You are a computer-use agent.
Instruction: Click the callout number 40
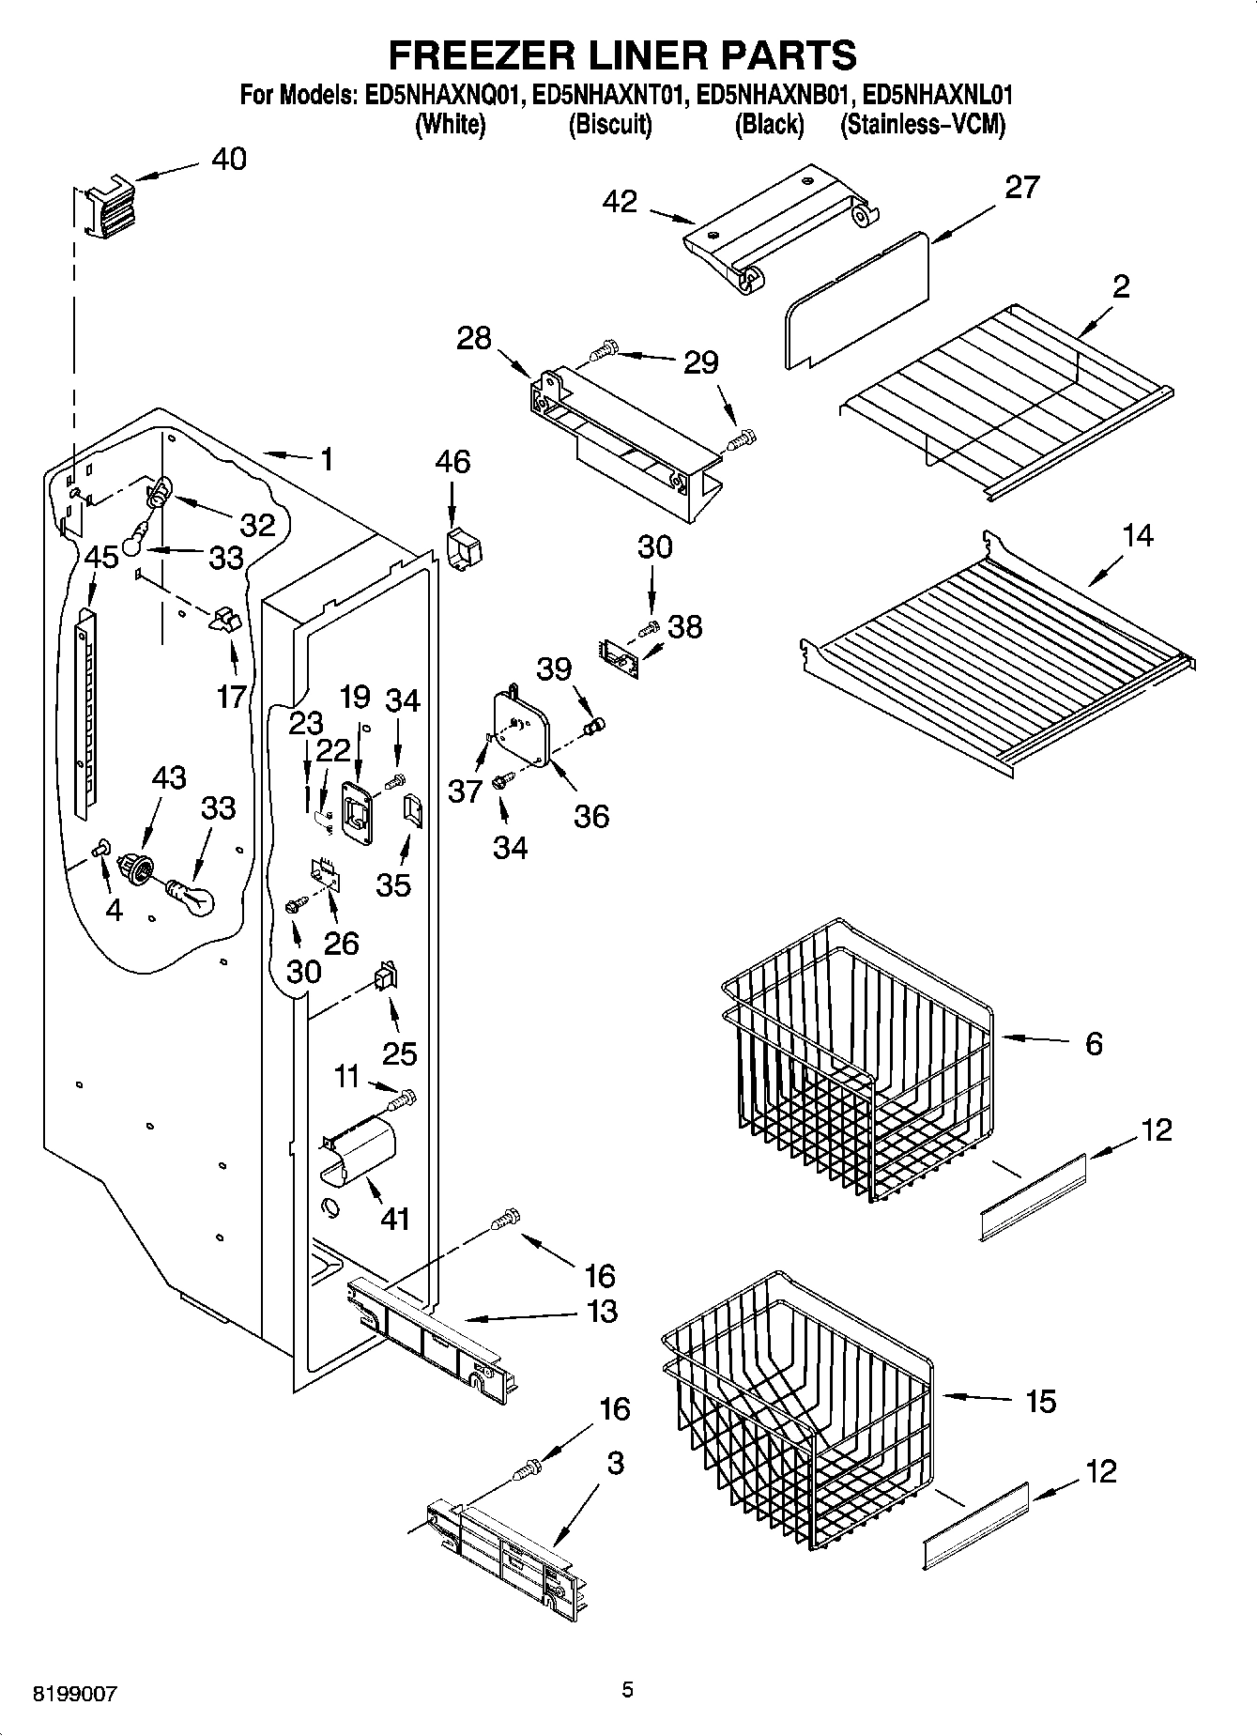[228, 160]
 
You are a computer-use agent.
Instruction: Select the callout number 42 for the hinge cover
[620, 201]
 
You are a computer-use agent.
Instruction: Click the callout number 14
[1137, 536]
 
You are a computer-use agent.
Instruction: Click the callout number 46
[452, 462]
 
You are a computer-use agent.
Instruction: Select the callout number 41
[395, 1219]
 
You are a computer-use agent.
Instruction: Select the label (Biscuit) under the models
[610, 124]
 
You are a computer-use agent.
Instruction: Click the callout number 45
[101, 557]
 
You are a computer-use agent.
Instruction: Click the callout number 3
[615, 1463]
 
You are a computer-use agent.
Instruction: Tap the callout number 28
[474, 338]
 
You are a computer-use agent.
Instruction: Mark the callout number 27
[1022, 188]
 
